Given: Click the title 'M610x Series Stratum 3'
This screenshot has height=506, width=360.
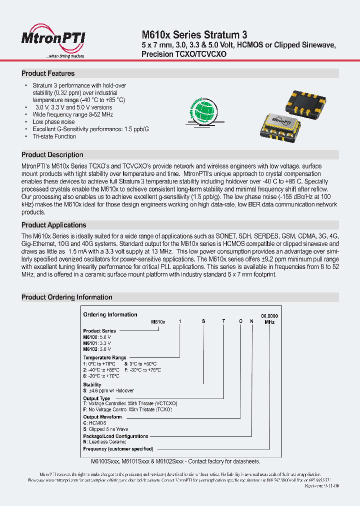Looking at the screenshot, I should coord(194,35).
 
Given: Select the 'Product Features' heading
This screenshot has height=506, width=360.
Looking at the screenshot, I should coord(48,73).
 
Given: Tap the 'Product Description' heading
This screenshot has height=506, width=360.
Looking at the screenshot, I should coord(52,155).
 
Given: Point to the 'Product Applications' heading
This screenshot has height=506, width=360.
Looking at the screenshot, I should coord(54,225).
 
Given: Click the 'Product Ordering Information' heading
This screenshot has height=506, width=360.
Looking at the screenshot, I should coord(66,297).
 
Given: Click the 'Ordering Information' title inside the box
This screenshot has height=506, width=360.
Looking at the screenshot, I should coord(110,314).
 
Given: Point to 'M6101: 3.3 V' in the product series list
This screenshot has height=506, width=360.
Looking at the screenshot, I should coord(97,343).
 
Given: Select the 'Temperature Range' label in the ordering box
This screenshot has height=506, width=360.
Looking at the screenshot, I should coord(104,358).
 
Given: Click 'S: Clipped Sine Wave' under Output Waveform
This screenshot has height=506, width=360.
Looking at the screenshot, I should coord(105,429).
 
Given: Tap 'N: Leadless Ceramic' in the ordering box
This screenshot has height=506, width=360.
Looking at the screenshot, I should coord(104,442).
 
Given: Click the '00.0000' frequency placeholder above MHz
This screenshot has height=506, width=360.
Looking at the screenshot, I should coord(269,316).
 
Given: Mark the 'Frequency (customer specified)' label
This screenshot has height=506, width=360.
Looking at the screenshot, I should coord(118,449).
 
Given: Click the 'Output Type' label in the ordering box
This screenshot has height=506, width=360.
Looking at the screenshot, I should coord(96,398).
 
